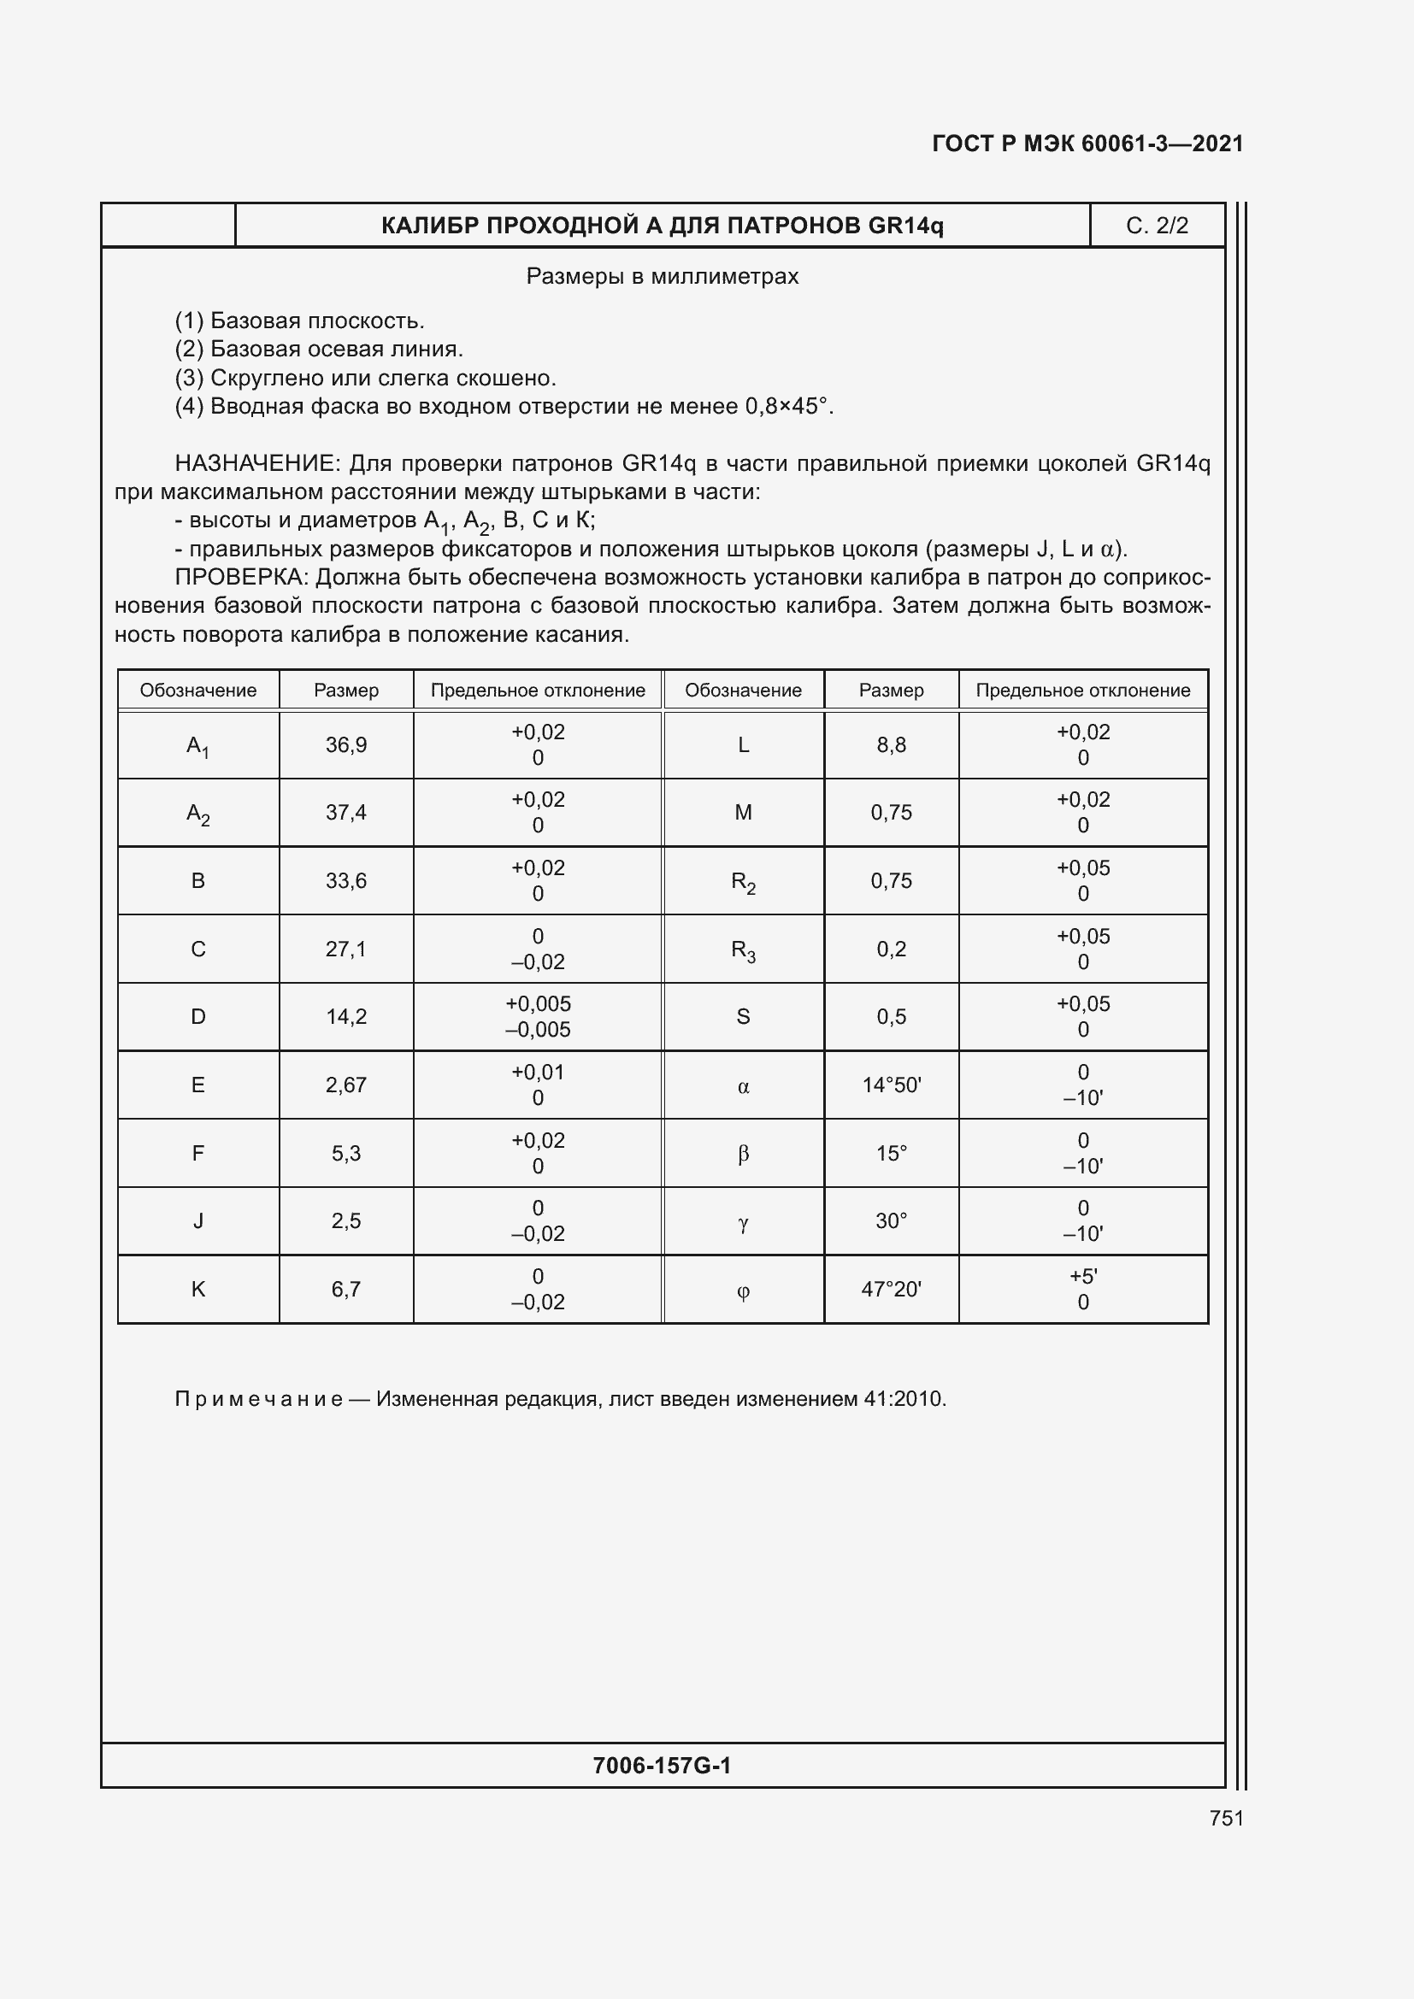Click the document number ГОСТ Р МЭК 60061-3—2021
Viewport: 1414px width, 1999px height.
point(1087,144)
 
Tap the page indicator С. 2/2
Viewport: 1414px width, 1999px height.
point(1157,226)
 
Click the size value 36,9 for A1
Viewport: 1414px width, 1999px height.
point(345,744)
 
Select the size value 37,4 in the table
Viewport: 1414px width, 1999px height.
point(345,812)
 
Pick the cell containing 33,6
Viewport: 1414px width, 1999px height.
point(345,880)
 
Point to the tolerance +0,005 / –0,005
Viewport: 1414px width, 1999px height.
point(537,1016)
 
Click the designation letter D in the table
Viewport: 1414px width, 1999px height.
point(197,1016)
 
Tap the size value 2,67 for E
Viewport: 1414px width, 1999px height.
point(345,1085)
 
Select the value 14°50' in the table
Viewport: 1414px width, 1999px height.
point(891,1085)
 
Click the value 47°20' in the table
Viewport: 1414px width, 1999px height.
point(891,1289)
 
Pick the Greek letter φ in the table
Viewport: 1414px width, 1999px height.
point(743,1291)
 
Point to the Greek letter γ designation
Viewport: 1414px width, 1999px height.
point(743,1222)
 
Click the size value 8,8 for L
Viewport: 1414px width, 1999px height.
point(891,744)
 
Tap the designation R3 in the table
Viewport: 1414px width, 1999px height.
point(743,950)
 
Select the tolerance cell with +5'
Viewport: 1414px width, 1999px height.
point(1082,1289)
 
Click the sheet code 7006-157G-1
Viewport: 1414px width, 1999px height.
point(662,1765)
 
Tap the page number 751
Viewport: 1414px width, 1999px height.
point(1226,1818)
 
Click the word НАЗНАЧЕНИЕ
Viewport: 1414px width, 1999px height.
point(255,463)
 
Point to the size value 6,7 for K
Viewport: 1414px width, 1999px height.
point(345,1289)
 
